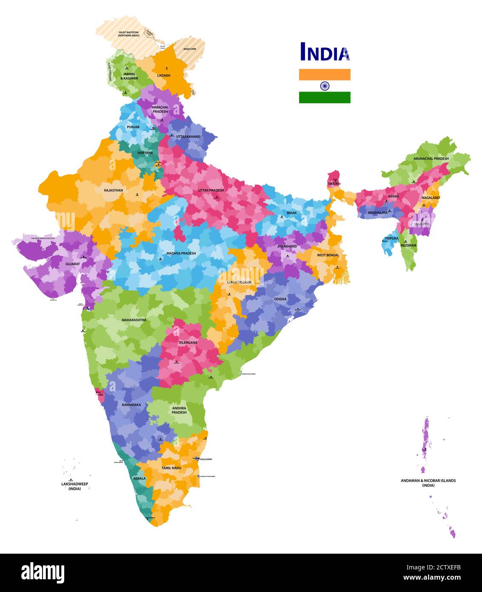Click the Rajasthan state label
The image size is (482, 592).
point(113,190)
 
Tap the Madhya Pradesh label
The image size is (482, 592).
point(181,253)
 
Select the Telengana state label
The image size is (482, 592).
point(188,342)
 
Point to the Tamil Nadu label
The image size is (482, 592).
point(171,468)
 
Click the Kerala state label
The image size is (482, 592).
point(140,478)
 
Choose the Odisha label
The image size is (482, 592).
point(280,299)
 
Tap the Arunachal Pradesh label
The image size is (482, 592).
point(431,158)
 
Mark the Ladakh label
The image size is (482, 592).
point(163,76)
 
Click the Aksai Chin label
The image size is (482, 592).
point(189,49)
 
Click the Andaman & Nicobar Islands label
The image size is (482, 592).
point(428,483)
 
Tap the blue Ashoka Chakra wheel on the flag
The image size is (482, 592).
point(325,86)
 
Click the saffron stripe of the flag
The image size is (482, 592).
point(325,75)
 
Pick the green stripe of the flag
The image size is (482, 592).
point(325,98)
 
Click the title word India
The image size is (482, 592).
point(325,52)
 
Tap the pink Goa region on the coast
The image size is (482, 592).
point(100,394)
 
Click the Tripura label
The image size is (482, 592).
point(391,239)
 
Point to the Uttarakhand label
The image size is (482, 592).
point(188,137)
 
